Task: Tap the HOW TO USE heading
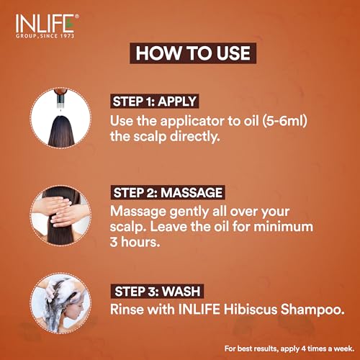193,53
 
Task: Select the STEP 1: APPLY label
155,102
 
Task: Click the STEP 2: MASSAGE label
168,192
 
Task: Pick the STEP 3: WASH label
157,292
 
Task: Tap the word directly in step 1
194,137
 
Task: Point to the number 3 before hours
114,242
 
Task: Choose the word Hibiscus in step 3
251,309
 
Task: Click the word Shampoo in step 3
312,310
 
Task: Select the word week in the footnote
345,348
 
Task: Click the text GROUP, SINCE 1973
45,36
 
